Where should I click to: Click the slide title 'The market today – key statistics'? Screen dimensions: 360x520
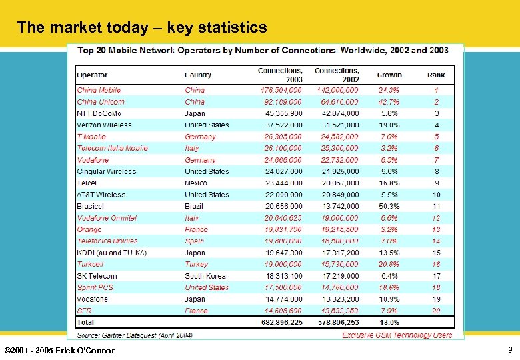click(x=142, y=27)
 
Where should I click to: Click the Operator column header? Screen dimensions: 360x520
click(x=92, y=75)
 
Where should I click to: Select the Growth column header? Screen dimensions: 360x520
click(x=389, y=75)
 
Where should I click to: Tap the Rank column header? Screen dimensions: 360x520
click(x=436, y=75)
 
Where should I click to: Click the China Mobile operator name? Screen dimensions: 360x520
click(x=99, y=90)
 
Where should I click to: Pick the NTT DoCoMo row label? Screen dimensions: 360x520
click(x=99, y=113)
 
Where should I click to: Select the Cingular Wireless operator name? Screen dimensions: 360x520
click(x=107, y=171)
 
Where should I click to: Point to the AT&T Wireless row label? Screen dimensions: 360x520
click(x=101, y=195)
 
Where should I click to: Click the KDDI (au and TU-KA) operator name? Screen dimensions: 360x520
click(x=111, y=253)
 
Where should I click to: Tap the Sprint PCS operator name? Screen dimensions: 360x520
click(x=95, y=287)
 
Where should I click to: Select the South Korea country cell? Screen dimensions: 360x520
click(x=207, y=276)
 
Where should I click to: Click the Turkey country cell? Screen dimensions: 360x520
click(x=197, y=264)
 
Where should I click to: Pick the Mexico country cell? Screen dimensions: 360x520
click(x=197, y=183)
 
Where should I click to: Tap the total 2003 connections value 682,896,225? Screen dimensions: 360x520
click(x=280, y=323)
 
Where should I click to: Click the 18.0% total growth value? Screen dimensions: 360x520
click(x=389, y=323)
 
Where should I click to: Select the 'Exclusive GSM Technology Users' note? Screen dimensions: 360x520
click(x=397, y=335)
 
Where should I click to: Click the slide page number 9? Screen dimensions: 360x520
click(x=510, y=349)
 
